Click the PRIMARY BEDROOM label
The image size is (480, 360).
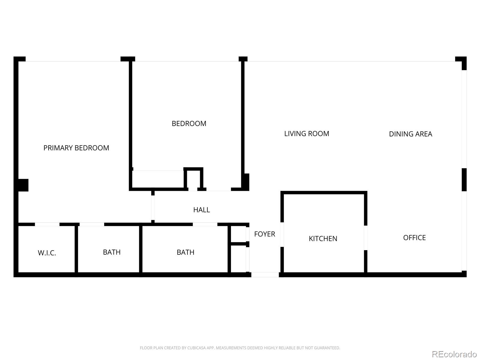click(x=76, y=148)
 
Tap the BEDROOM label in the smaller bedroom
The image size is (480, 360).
click(x=189, y=124)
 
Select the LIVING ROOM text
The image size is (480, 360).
click(x=307, y=134)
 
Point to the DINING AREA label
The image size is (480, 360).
click(x=410, y=134)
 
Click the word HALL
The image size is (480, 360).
click(x=201, y=210)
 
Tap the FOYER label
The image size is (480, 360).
click(x=264, y=234)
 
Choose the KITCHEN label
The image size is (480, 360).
click(x=323, y=239)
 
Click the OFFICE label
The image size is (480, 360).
click(x=414, y=238)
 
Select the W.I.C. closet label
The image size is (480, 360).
click(x=47, y=253)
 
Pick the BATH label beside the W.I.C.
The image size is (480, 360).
click(x=112, y=252)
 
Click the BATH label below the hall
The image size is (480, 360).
click(x=185, y=252)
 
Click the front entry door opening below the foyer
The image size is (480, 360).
click(x=265, y=274)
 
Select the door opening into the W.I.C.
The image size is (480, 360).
click(x=47, y=224)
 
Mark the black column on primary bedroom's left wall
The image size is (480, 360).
click(x=23, y=185)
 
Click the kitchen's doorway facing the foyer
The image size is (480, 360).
click(x=282, y=235)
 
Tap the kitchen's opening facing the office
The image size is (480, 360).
click(x=366, y=238)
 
